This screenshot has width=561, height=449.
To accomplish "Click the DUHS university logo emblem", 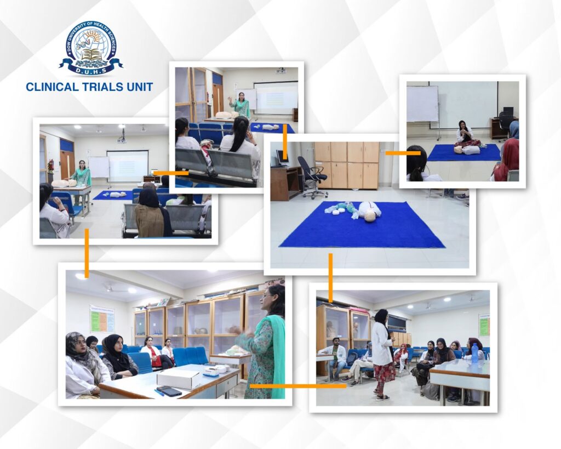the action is point(91,49).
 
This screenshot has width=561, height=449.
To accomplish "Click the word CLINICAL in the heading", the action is point(52,87).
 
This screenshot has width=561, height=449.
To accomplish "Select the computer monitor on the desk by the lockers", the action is point(282,158).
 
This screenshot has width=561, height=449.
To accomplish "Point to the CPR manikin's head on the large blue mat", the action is point(372,216).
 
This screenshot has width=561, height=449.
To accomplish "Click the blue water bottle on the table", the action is point(475,354).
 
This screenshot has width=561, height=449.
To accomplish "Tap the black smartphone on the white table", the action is point(169,391).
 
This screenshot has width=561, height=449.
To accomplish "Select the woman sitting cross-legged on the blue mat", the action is point(466,138).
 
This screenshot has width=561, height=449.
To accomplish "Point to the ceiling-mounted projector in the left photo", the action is point(122,138).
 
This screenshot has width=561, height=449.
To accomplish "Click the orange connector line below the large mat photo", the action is point(330,278).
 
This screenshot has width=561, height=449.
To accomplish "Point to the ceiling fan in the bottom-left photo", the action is point(110,286).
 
